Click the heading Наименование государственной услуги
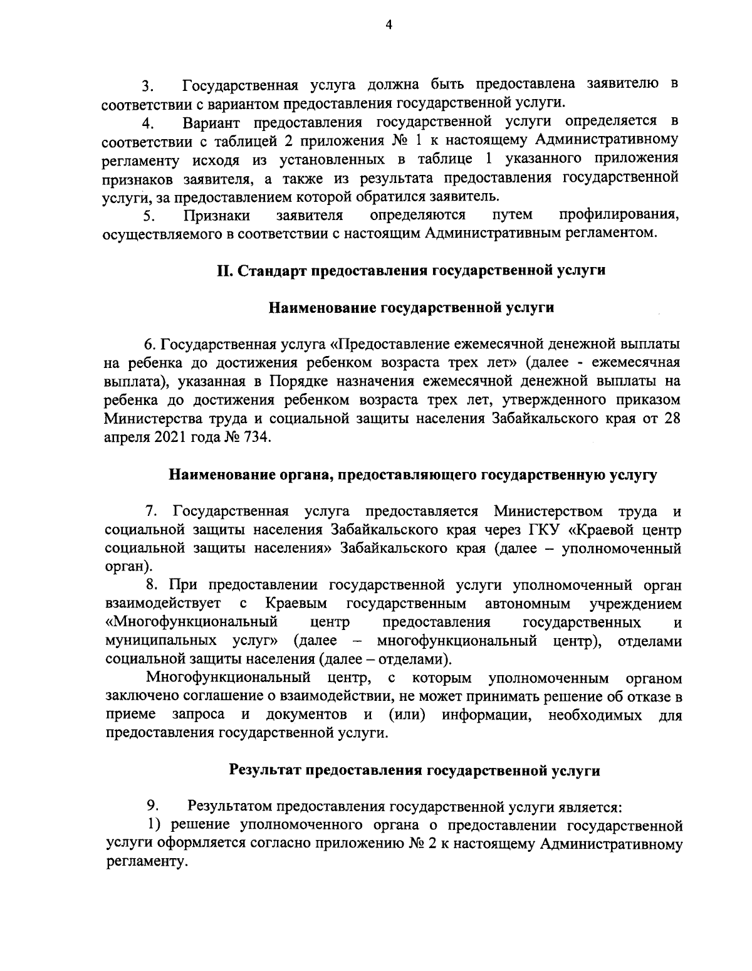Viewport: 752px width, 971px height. pyautogui.click(x=412, y=308)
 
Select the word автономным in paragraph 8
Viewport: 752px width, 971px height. pyautogui.click(x=528, y=604)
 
